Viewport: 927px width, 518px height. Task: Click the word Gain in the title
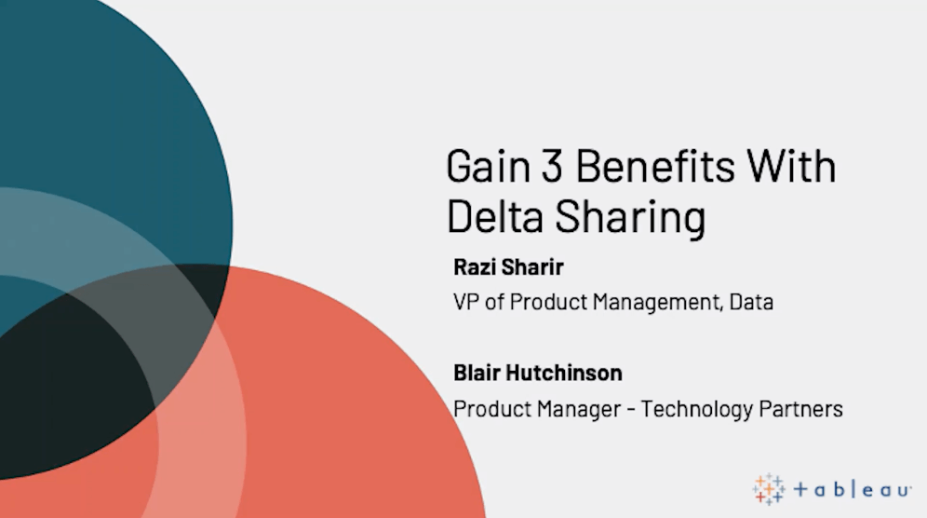pyautogui.click(x=489, y=167)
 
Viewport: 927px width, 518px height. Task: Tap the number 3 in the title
pyautogui.click(x=552, y=167)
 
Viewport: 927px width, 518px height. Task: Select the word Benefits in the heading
pyautogui.click(x=655, y=167)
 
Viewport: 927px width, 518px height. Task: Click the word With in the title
pyautogui.click(x=792, y=166)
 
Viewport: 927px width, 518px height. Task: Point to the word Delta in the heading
pyautogui.click(x=495, y=216)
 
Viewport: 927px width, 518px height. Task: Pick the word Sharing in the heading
pyautogui.click(x=630, y=218)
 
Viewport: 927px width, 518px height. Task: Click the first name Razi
pyautogui.click(x=475, y=267)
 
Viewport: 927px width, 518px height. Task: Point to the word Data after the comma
pyautogui.click(x=751, y=302)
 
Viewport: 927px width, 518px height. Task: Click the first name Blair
pyautogui.click(x=476, y=373)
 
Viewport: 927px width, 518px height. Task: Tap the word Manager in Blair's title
pyautogui.click(x=578, y=410)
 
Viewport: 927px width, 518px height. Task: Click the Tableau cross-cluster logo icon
pyautogui.click(x=769, y=489)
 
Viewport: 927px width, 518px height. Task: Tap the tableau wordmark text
pyautogui.click(x=852, y=489)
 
